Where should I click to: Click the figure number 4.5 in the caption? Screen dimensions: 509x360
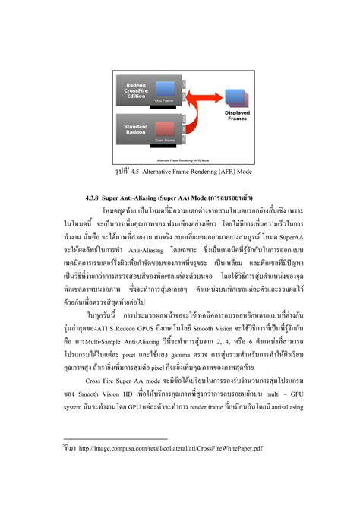[x=142, y=171]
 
